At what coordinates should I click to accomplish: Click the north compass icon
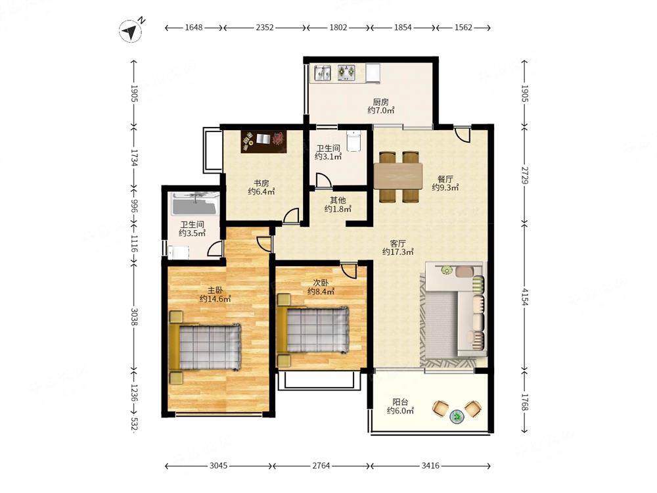131,31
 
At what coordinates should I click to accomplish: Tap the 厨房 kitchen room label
381,102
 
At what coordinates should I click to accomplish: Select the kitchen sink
323,72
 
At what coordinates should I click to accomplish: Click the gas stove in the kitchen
346,72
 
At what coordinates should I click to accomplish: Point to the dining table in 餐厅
398,176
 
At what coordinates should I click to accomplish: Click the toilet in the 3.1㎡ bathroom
354,140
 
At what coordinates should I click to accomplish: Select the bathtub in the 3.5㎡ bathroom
195,205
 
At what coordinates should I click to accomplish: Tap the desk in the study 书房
263,141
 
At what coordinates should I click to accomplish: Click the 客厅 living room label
397,244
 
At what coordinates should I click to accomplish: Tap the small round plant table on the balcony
457,417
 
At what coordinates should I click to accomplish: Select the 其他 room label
338,200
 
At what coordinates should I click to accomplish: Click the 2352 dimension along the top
264,28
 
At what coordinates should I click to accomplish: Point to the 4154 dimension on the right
524,296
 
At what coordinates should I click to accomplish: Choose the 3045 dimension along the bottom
218,466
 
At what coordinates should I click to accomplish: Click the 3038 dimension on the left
134,317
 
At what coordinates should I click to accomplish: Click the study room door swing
291,216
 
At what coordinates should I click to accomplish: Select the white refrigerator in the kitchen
373,72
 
